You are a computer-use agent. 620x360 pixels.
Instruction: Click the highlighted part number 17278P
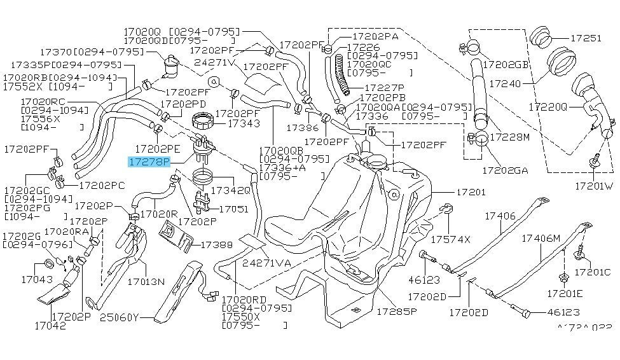[x=150, y=162]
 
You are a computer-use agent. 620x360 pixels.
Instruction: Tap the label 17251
[x=586, y=38]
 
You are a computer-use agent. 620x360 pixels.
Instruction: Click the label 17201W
[x=594, y=186]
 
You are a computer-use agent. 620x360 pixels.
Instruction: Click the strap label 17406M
[x=541, y=239]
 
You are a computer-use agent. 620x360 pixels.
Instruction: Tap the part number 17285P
[x=396, y=312]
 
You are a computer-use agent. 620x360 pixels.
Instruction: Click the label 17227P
[x=384, y=87]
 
